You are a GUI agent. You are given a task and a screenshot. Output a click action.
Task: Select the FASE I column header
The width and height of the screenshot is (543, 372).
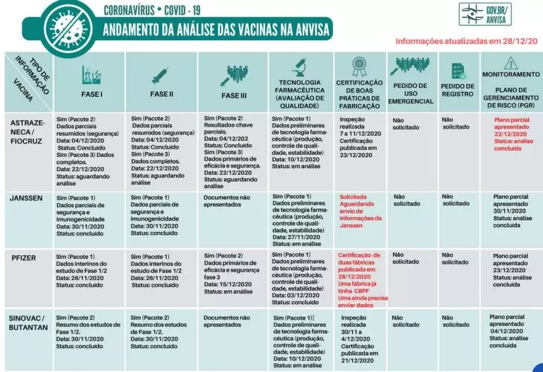(94, 93)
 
